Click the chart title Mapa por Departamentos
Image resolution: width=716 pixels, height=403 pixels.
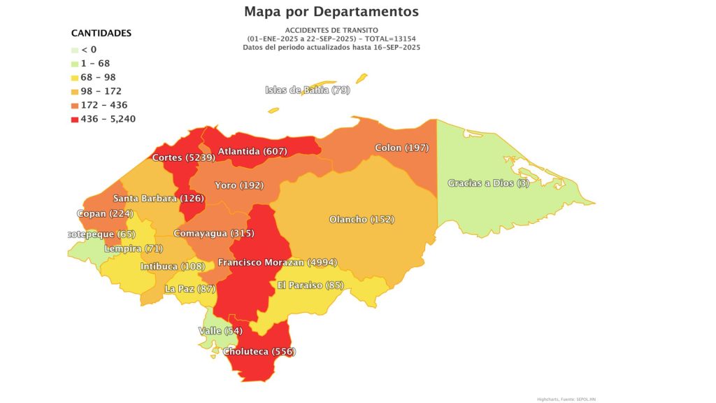[331, 12]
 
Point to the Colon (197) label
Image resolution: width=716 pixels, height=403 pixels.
[401, 148]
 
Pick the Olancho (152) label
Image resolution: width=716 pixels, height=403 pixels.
[361, 220]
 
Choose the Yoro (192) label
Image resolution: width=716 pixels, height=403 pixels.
[238, 185]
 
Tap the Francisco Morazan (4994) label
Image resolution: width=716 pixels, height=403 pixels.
[278, 262]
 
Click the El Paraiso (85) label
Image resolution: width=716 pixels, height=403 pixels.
[310, 285]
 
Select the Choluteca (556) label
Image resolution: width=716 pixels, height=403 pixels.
[259, 351]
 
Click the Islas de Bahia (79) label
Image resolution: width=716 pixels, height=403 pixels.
[307, 90]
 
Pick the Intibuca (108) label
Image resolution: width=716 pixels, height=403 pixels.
[172, 267]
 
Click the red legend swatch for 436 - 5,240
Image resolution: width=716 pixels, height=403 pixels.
[75, 119]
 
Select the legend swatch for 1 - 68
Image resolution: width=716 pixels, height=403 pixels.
[75, 63]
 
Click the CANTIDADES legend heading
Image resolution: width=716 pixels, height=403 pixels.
[101, 33]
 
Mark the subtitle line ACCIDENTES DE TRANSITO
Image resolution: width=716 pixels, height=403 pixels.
[331, 30]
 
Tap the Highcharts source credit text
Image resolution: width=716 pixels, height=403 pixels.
[566, 399]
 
